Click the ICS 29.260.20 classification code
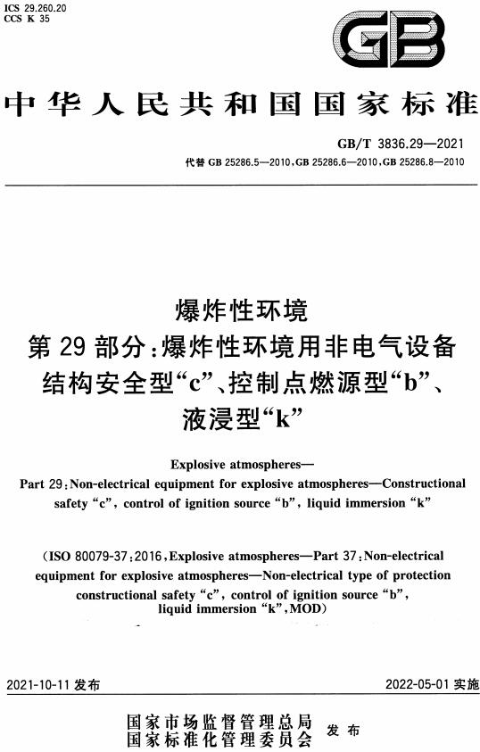[x=40, y=7]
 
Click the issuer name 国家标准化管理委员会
[x=219, y=740]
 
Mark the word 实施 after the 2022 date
[x=466, y=686]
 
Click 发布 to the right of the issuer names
[x=343, y=731]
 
